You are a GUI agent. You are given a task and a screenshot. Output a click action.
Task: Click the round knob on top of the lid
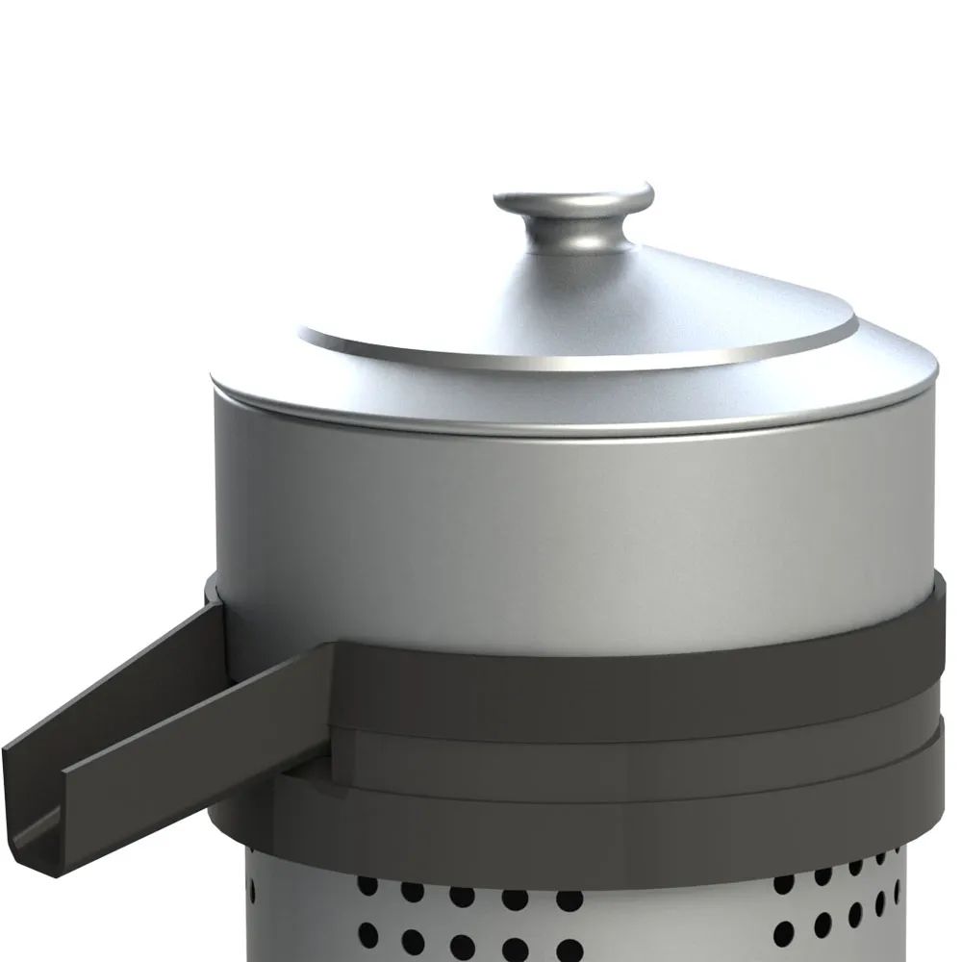coord(574,200)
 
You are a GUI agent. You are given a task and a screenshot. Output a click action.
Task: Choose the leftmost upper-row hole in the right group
coord(784,882)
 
